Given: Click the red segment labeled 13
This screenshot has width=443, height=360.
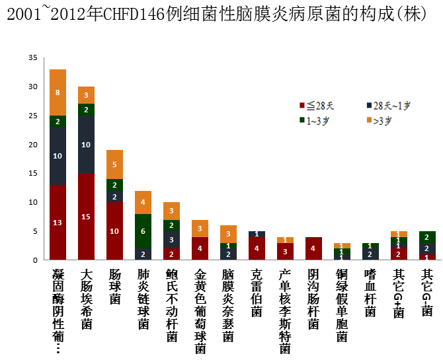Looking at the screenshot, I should tap(58, 223).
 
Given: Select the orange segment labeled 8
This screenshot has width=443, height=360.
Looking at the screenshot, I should tap(58, 92).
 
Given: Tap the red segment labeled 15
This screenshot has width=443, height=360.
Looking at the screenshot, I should tap(86, 217).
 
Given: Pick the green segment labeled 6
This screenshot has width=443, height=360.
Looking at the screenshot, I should tap(143, 231).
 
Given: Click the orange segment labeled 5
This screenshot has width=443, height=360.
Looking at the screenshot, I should tap(114, 164).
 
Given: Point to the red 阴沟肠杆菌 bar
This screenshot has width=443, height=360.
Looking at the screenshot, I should tap(314, 248).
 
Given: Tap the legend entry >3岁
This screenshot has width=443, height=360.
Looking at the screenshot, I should tap(382, 120).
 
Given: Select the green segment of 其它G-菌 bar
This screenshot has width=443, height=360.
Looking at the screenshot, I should tap(428, 237).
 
